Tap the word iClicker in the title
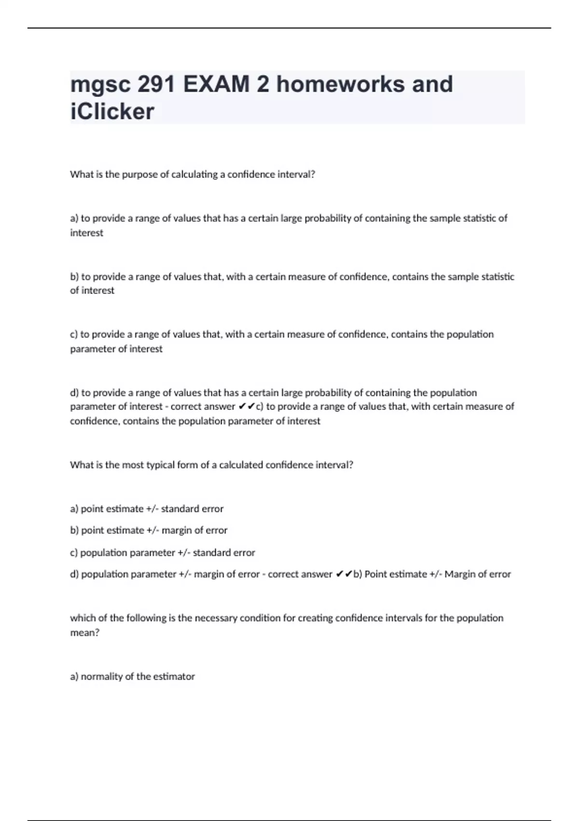click(x=112, y=112)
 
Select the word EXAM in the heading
click(x=216, y=85)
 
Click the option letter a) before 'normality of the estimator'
click(x=74, y=677)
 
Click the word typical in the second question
click(x=164, y=465)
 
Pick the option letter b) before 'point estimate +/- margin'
click(x=74, y=530)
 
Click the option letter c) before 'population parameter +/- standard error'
click(x=74, y=552)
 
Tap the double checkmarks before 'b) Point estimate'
click(x=344, y=574)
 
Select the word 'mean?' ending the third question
click(x=85, y=633)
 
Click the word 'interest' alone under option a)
click(x=87, y=233)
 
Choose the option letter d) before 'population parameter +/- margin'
click(x=74, y=574)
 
